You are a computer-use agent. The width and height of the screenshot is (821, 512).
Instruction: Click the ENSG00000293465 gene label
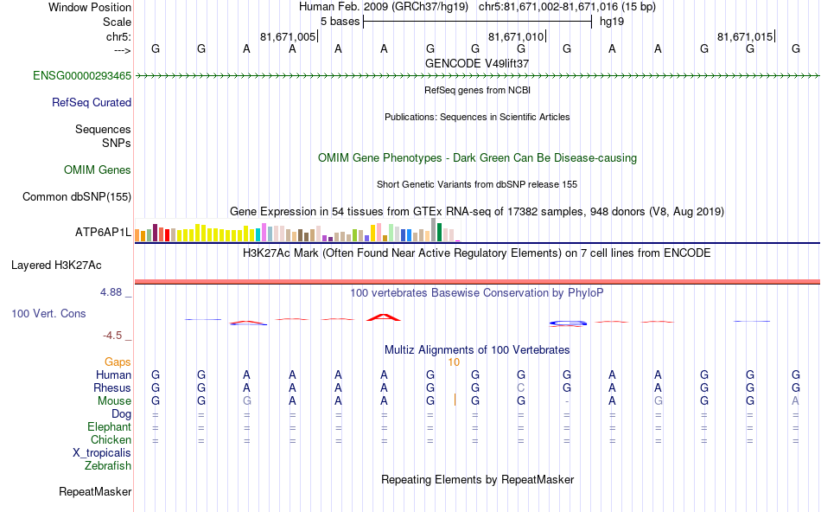(x=82, y=76)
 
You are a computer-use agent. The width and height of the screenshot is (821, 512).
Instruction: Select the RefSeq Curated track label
(x=92, y=102)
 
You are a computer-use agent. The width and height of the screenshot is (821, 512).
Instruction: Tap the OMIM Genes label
(x=98, y=170)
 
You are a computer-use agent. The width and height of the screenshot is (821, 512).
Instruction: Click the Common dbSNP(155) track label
(x=77, y=196)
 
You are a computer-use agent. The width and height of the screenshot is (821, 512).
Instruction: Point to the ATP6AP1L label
(x=103, y=233)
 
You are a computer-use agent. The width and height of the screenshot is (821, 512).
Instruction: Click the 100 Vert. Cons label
(x=48, y=313)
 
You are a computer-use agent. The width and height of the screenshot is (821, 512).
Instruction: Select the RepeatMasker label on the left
(x=95, y=492)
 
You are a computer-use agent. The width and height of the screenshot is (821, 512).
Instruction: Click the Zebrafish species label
(x=108, y=465)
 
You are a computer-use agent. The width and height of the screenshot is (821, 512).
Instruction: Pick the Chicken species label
(x=111, y=439)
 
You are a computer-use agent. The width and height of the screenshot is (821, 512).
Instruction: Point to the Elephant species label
(x=109, y=426)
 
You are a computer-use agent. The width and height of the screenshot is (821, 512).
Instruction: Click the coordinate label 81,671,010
(x=516, y=37)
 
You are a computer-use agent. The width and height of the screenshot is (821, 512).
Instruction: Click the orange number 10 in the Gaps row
(x=453, y=362)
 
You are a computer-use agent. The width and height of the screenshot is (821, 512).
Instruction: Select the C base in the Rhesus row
(x=520, y=388)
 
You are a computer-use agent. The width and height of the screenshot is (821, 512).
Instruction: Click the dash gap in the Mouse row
(x=566, y=401)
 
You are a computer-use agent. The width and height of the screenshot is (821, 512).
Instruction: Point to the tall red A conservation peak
(x=384, y=317)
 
